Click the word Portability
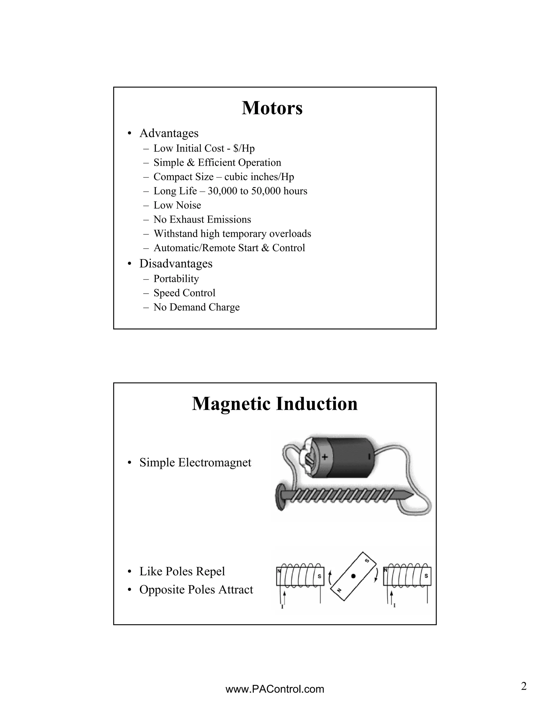pyautogui.click(x=176, y=279)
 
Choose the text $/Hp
pyautogui.click(x=244, y=148)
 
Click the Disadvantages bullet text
pyautogui.click(x=176, y=263)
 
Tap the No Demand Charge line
pyautogui.click(x=197, y=307)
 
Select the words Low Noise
pyautogui.click(x=177, y=205)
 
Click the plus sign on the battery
pyautogui.click(x=324, y=457)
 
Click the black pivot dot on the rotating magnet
pyautogui.click(x=353, y=576)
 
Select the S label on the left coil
pyautogui.click(x=319, y=576)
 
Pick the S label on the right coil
pyautogui.click(x=426, y=576)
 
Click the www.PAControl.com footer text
pyautogui.click(x=275, y=689)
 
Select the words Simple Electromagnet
pyautogui.click(x=195, y=462)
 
